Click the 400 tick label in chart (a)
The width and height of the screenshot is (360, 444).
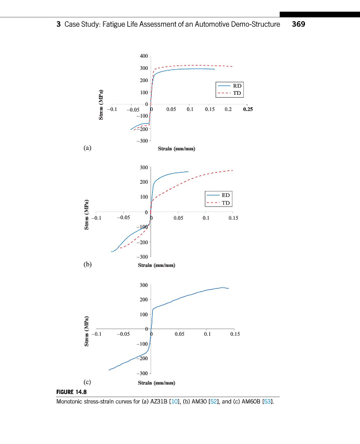[144, 56]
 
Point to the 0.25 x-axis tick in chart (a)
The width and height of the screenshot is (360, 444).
[248, 110]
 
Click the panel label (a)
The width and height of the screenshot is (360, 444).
[86, 148]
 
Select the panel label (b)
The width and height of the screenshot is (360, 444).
[87, 265]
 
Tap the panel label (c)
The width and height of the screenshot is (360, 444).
[87, 382]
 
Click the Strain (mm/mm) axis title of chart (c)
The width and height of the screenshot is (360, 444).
[157, 383]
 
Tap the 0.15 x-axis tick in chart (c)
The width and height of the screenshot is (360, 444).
[234, 335]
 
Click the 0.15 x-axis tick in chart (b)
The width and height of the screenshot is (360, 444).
[233, 218]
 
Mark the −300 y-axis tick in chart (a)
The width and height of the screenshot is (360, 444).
[142, 141]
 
